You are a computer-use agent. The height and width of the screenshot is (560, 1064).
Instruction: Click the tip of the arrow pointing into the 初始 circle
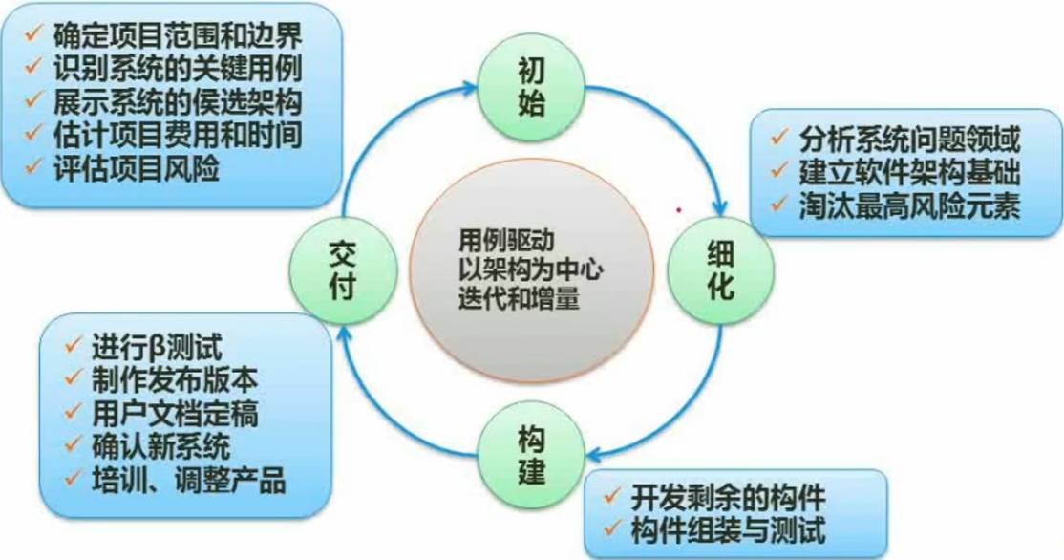[477, 88]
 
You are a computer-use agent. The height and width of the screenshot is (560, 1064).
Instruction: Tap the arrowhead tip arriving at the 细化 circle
[721, 216]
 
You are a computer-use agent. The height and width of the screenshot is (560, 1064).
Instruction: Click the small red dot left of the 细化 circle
[678, 209]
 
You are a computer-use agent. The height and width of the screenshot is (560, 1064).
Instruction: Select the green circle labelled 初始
[531, 88]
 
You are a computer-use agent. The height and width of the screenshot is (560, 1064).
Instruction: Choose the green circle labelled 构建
[531, 455]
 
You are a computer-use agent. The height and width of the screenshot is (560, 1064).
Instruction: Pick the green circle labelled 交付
[343, 270]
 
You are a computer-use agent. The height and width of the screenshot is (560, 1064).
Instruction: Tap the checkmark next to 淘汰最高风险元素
[779, 203]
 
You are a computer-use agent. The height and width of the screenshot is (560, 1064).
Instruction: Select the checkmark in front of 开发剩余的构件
[612, 495]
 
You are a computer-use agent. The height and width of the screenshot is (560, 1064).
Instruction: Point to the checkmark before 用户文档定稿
[74, 411]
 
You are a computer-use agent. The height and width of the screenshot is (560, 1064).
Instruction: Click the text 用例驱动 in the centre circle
[506, 240]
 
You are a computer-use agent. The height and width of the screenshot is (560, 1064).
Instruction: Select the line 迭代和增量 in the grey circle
[519, 298]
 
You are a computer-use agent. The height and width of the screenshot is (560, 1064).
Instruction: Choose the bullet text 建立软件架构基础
[909, 172]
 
